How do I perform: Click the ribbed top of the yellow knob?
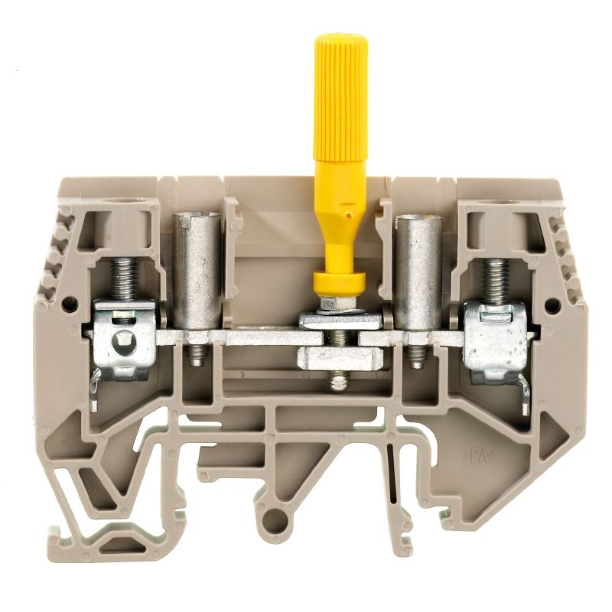[x=341, y=84]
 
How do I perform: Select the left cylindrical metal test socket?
[x=197, y=272]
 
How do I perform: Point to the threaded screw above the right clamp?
[x=494, y=278]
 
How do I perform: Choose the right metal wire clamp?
[x=496, y=340]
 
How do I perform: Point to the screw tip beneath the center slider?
[x=337, y=381]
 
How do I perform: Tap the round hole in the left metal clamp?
[x=120, y=341]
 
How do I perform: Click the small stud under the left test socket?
[x=197, y=356]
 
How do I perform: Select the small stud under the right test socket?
[x=417, y=356]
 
